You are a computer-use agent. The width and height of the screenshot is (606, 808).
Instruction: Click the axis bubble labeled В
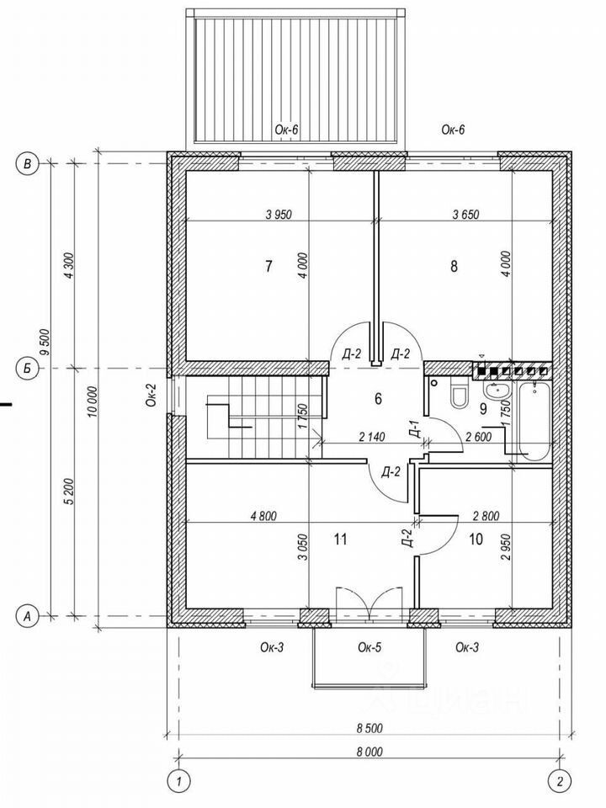pyautogui.click(x=27, y=164)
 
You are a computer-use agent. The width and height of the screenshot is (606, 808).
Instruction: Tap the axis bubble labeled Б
pyautogui.click(x=27, y=369)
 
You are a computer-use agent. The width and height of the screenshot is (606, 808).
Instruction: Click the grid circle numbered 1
pyautogui.click(x=178, y=782)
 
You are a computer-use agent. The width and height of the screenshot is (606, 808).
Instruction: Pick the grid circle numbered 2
pyautogui.click(x=560, y=782)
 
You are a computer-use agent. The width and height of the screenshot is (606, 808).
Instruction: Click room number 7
pyautogui.click(x=268, y=267)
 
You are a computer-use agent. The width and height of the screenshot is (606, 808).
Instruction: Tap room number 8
pyautogui.click(x=454, y=267)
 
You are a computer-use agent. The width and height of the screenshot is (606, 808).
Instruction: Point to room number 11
pyautogui.click(x=340, y=540)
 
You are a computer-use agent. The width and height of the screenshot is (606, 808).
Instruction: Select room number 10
pyautogui.click(x=476, y=540)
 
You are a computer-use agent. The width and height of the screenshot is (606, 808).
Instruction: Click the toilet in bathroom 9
pyautogui.click(x=459, y=393)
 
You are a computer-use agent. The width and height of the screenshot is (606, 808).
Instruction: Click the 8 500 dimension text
pyautogui.click(x=369, y=729)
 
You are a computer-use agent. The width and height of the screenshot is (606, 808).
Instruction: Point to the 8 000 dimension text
pyautogui.click(x=369, y=752)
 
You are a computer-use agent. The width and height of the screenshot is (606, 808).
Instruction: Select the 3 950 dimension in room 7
pyautogui.click(x=279, y=214)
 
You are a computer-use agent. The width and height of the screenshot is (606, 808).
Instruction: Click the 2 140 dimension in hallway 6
pyautogui.click(x=372, y=437)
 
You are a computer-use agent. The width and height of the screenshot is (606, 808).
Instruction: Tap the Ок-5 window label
pyautogui.click(x=369, y=647)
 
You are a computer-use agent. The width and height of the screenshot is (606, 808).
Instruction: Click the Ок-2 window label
pyautogui.click(x=151, y=395)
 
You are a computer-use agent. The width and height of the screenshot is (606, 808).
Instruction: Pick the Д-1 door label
pyautogui.click(x=416, y=428)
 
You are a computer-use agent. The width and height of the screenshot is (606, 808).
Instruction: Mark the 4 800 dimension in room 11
pyautogui.click(x=263, y=516)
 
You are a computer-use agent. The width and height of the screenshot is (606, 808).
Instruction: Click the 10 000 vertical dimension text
pyautogui.click(x=92, y=402)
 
